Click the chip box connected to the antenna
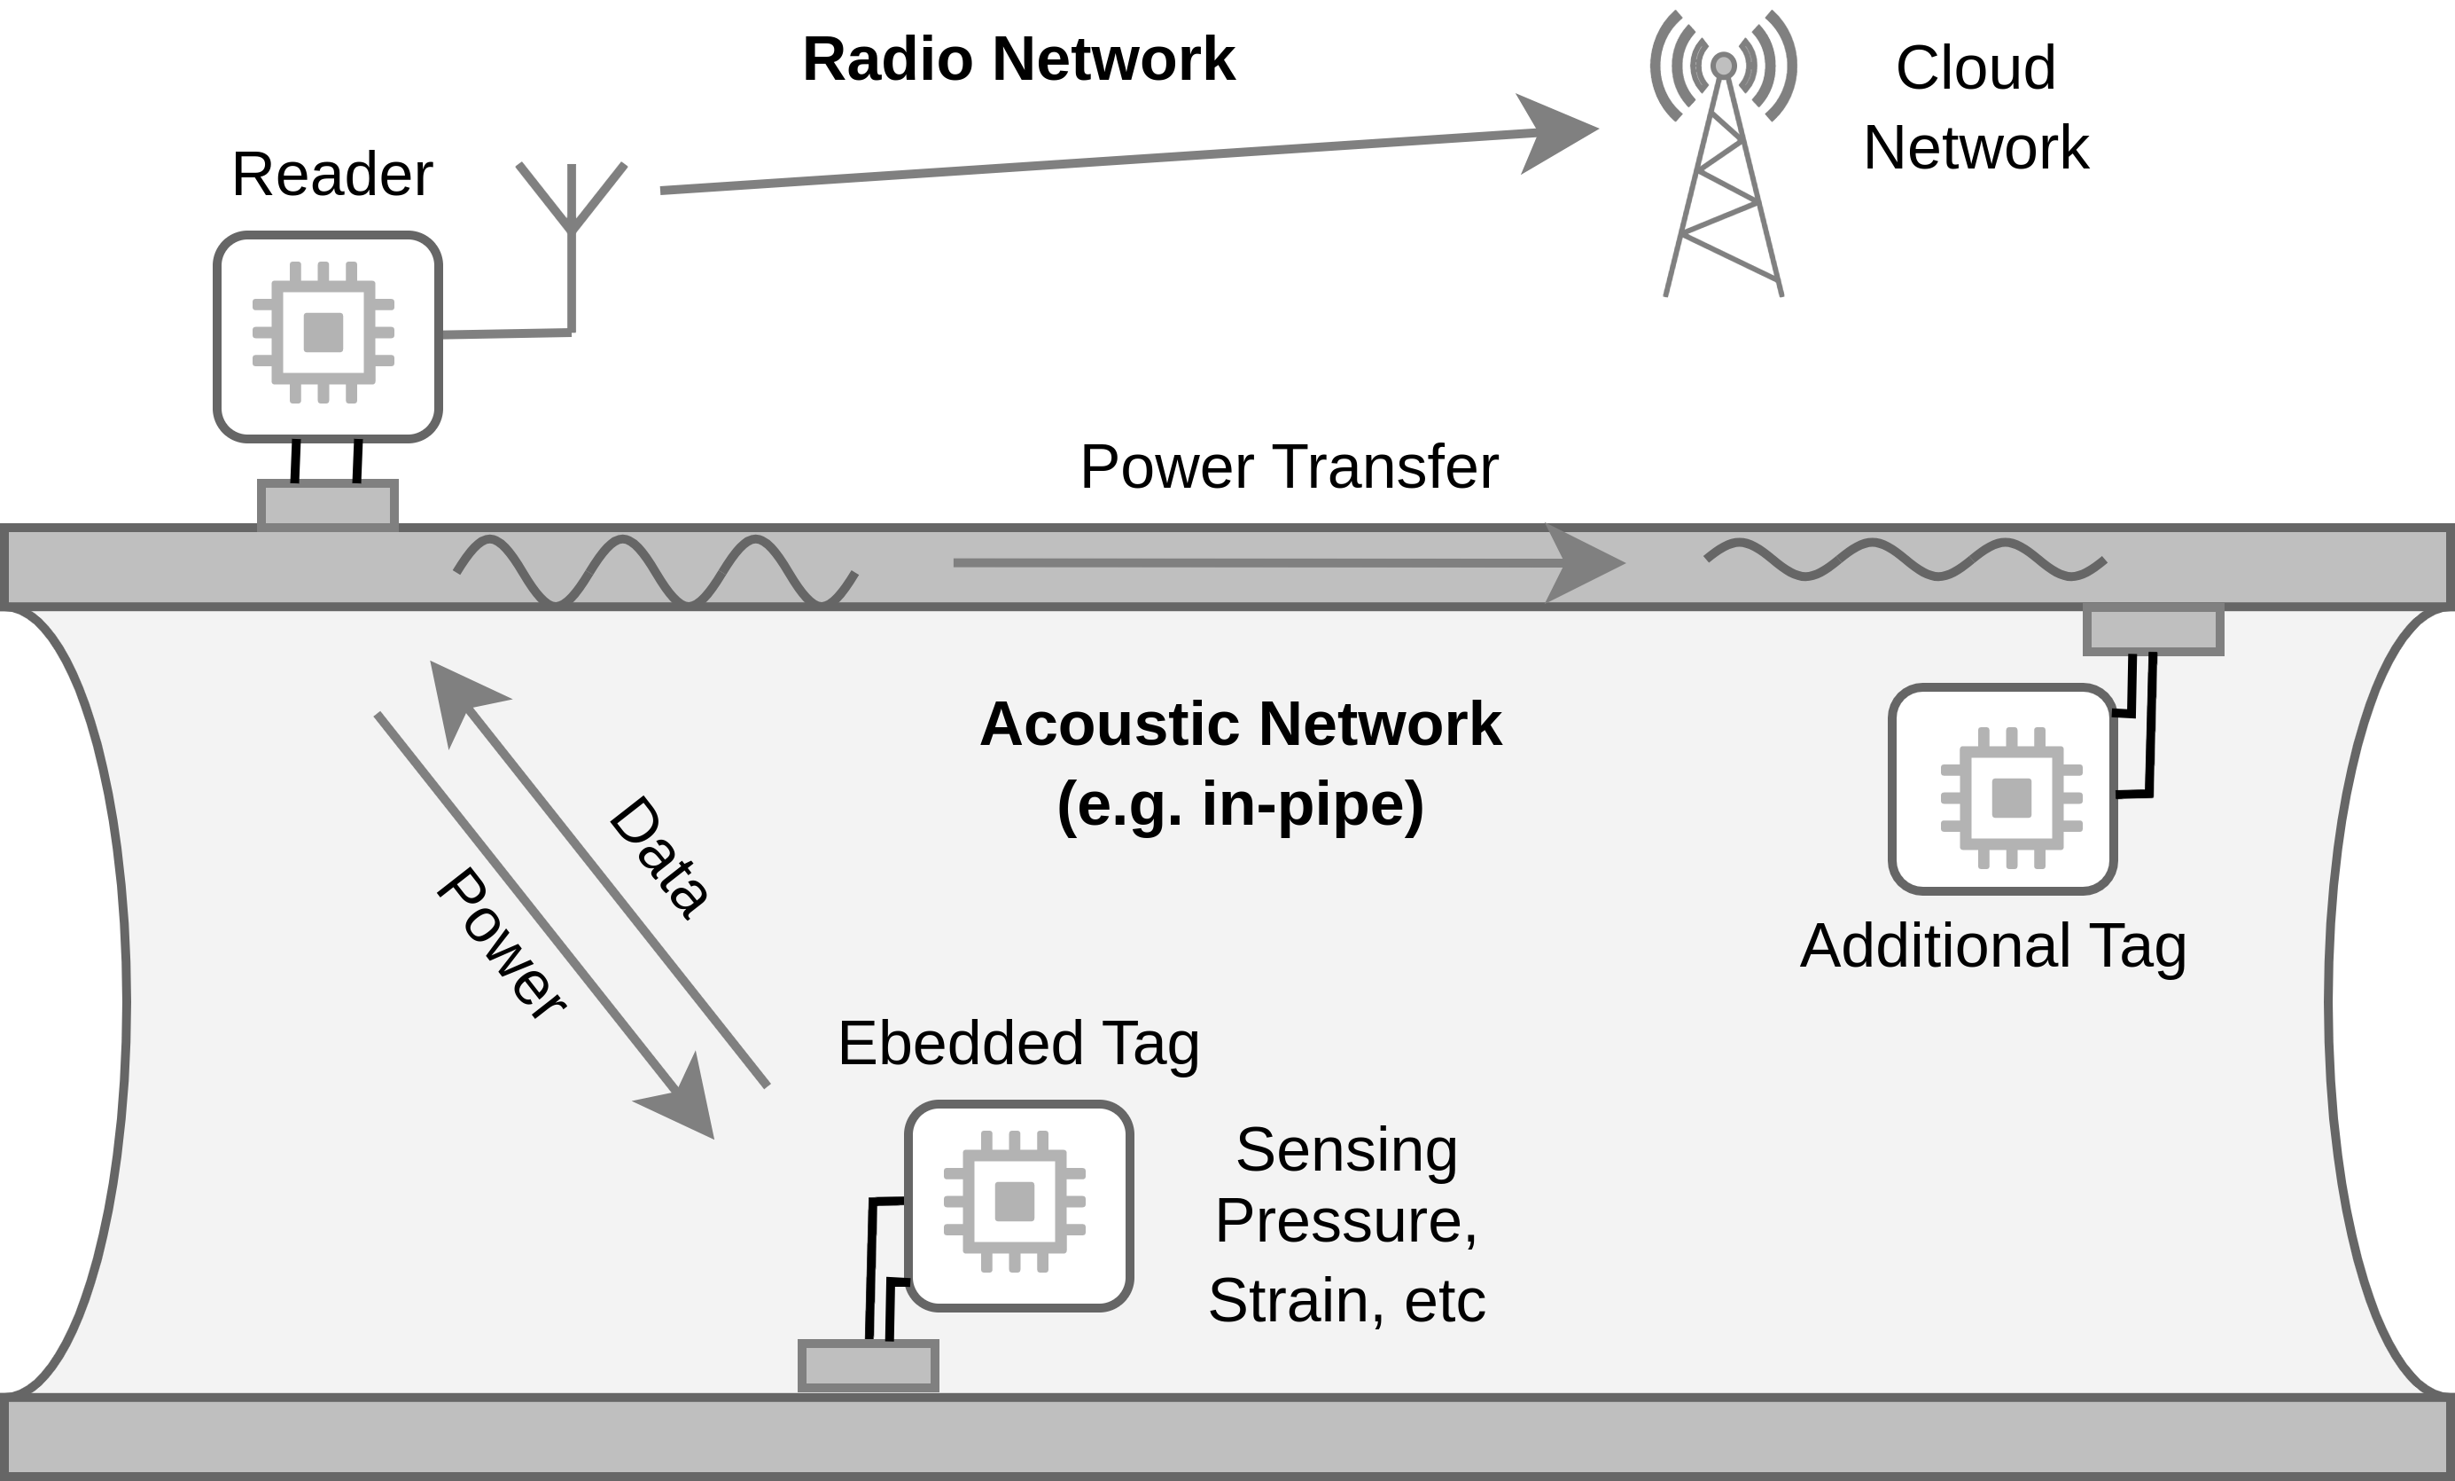pos(328,336)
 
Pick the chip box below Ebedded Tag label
pos(1018,1206)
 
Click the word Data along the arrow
pos(659,857)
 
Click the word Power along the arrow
pos(501,943)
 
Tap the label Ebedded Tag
pos(1018,1044)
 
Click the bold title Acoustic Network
pos(1241,724)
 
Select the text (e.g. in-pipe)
pos(1241,804)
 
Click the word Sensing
pos(1346,1149)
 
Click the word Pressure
pos(1345,1220)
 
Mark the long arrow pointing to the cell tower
pos(1126,160)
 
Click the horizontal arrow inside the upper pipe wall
pos(1285,563)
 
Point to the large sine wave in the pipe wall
pos(655,570)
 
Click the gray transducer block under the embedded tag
pos(868,1366)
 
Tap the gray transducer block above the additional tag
pos(2153,631)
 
